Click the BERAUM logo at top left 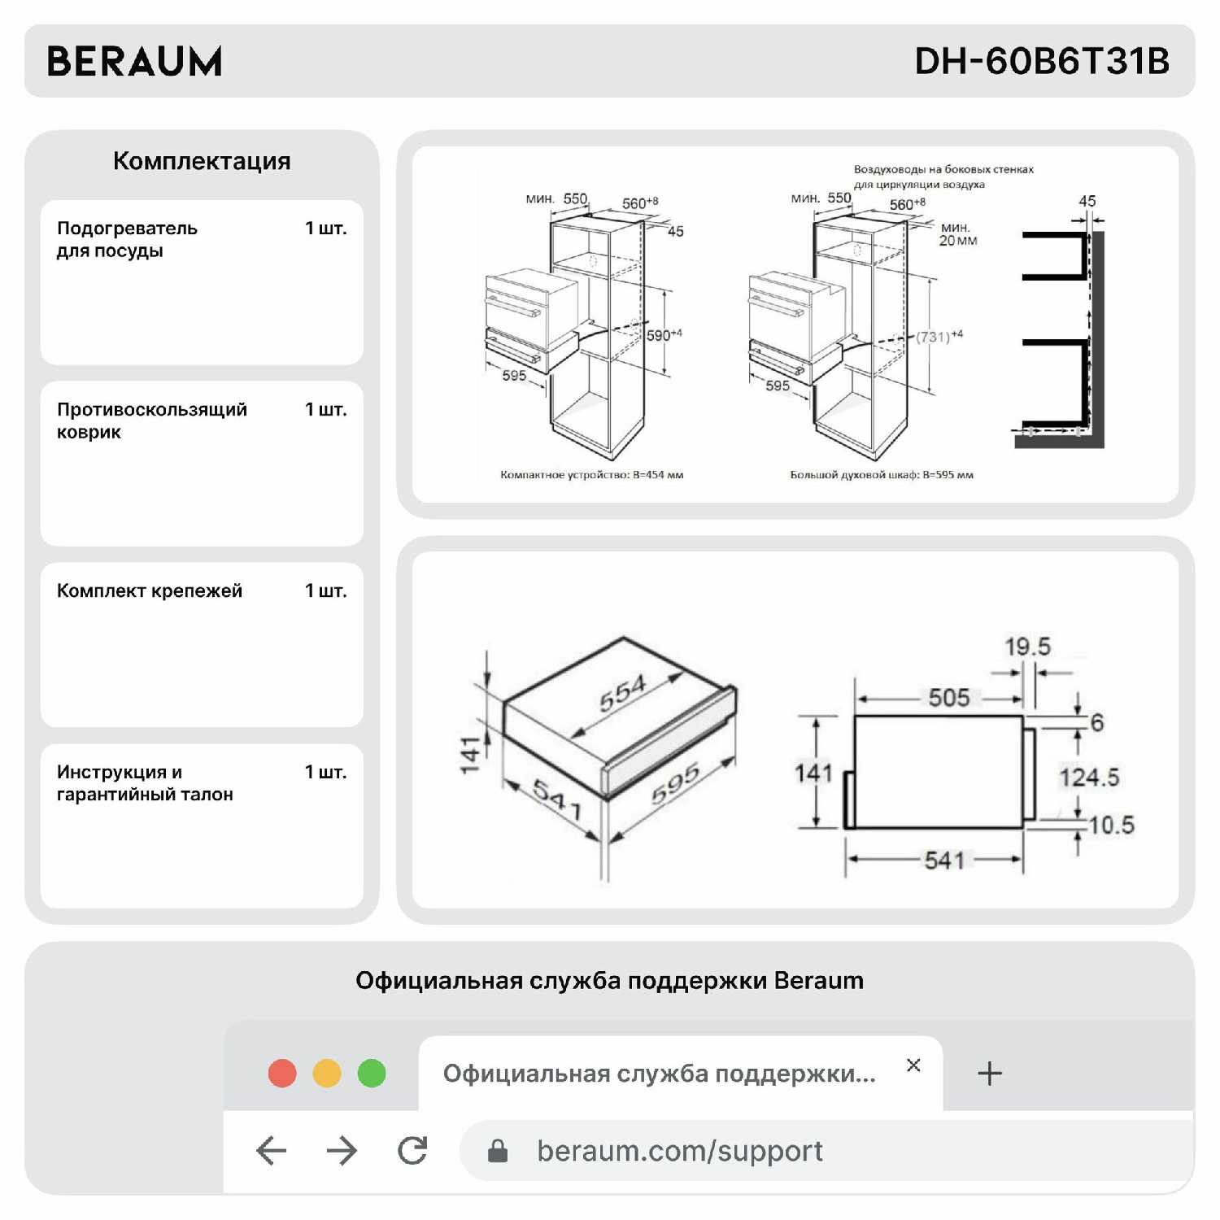(x=134, y=61)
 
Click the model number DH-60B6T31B (x=1041, y=61)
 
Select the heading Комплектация (x=202, y=161)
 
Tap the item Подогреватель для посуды (x=127, y=239)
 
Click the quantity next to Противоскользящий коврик (x=325, y=410)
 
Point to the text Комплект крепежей (x=150, y=591)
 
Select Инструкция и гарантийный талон (x=145, y=782)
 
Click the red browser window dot (x=282, y=1074)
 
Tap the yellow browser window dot (x=327, y=1074)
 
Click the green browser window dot (x=372, y=1074)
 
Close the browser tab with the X (x=913, y=1065)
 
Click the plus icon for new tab (x=989, y=1074)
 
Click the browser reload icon (x=412, y=1150)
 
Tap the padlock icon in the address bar (x=498, y=1151)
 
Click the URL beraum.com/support (x=680, y=1151)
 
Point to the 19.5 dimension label (x=1027, y=647)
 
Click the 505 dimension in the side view (x=948, y=698)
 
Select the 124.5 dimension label (x=1089, y=778)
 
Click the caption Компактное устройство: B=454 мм (x=591, y=475)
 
